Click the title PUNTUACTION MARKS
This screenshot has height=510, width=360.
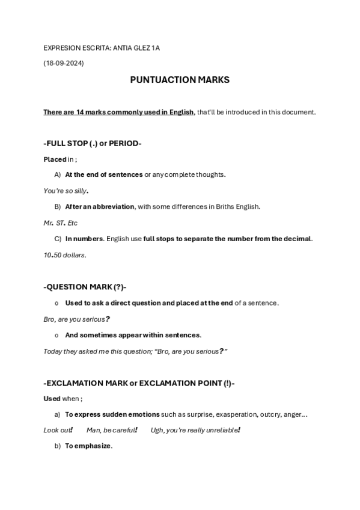click(x=180, y=79)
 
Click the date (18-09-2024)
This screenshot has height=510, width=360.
click(x=64, y=63)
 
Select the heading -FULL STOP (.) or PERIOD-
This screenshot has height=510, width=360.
click(x=93, y=143)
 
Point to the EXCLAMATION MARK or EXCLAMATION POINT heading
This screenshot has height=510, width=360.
click(x=139, y=382)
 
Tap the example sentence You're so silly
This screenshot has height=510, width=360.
click(x=66, y=191)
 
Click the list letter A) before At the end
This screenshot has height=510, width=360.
click(x=58, y=174)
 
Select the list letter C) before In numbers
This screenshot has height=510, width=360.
click(x=58, y=238)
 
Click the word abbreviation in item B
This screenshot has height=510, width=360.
click(x=114, y=206)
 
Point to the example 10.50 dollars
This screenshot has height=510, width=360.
click(x=65, y=254)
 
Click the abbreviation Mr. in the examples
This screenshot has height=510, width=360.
click(x=49, y=223)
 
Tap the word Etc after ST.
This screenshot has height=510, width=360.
click(x=72, y=223)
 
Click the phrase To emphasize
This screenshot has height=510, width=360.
click(x=88, y=446)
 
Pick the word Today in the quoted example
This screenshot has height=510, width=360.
click(x=53, y=351)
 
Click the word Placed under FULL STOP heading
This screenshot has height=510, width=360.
click(x=55, y=159)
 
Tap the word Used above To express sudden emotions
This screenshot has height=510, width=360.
click(x=52, y=398)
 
